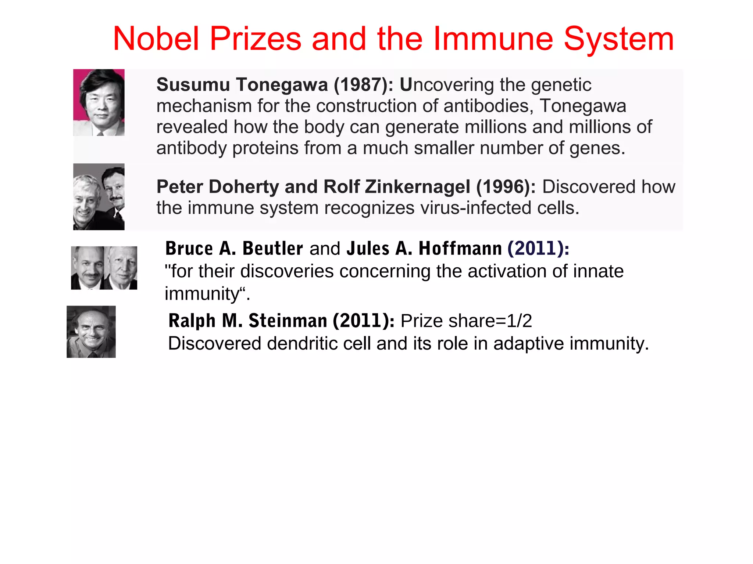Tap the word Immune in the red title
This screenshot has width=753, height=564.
(493, 39)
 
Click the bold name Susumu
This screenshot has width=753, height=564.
(193, 85)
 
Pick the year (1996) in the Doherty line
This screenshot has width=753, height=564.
(506, 187)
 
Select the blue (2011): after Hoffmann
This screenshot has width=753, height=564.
(538, 249)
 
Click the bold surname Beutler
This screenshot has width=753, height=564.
(272, 249)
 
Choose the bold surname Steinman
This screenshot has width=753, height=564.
(288, 321)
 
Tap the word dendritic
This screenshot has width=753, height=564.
(318, 344)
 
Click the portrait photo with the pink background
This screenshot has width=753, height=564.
(99, 102)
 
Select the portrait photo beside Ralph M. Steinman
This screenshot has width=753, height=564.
(91, 332)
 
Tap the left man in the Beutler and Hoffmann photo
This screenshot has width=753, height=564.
(88, 267)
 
